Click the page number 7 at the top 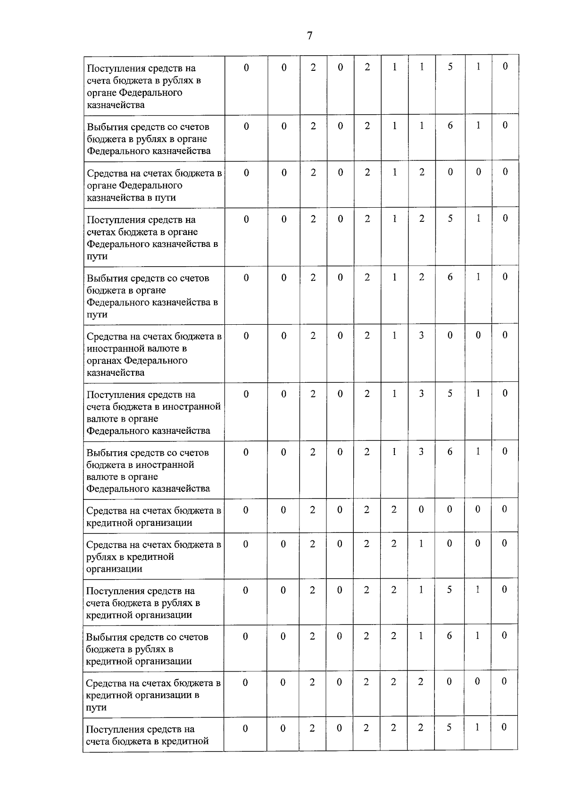tap(309, 35)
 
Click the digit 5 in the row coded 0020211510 tap(450, 67)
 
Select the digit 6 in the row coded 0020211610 tap(450, 126)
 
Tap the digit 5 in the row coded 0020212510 tap(450, 219)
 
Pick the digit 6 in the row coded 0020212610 tap(450, 277)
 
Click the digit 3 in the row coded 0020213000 tap(421, 335)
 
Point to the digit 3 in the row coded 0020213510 tap(421, 393)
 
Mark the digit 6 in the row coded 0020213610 tap(450, 452)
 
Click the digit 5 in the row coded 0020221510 tap(449, 590)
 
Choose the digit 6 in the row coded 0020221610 tap(449, 636)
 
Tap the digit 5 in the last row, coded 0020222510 tap(449, 728)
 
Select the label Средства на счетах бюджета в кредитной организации tap(153, 516)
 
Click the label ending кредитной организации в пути tap(153, 695)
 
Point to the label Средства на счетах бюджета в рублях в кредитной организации tap(153, 556)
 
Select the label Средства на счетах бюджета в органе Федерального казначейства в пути tap(154, 185)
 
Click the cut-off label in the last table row tap(147, 735)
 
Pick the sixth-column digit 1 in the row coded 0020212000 tap(394, 172)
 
